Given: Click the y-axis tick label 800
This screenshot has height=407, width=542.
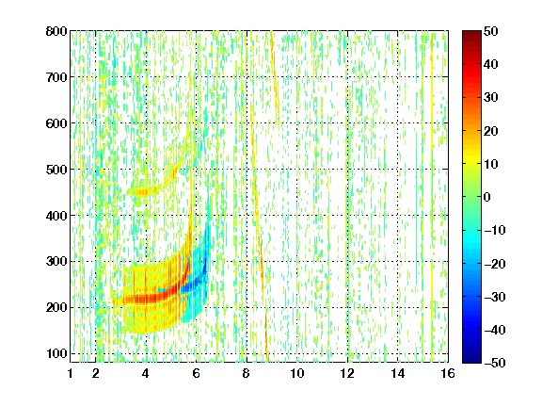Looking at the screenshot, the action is [56, 31].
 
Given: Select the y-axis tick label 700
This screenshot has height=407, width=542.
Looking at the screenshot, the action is [56, 77].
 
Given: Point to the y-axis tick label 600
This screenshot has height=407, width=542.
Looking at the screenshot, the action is [56, 123].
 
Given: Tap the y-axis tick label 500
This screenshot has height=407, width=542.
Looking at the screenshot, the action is [56, 170].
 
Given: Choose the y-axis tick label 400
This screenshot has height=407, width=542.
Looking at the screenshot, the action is [56, 216].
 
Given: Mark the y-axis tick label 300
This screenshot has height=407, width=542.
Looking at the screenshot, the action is [56, 261].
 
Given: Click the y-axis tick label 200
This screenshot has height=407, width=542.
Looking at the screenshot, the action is [56, 307].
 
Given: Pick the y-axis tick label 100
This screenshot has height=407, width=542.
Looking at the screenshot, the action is [56, 353].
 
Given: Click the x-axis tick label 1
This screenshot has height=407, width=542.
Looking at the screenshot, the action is [71, 373].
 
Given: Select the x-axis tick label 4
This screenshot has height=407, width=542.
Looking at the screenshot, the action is [146, 373].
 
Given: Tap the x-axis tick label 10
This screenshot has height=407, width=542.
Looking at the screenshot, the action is [297, 373].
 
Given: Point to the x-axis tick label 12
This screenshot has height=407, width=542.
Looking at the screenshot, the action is [347, 373].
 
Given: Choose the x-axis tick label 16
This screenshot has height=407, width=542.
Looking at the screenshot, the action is [448, 373].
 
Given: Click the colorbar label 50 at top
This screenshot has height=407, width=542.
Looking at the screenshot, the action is [490, 31].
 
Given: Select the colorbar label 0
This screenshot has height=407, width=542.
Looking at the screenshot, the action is [486, 197].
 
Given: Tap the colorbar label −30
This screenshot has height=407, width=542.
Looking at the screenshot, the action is [495, 297].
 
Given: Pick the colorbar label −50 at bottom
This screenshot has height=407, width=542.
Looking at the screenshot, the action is [495, 363].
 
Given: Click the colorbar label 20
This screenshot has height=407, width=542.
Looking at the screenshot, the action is [490, 131].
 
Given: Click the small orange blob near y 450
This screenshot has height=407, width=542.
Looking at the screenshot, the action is [142, 191].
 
